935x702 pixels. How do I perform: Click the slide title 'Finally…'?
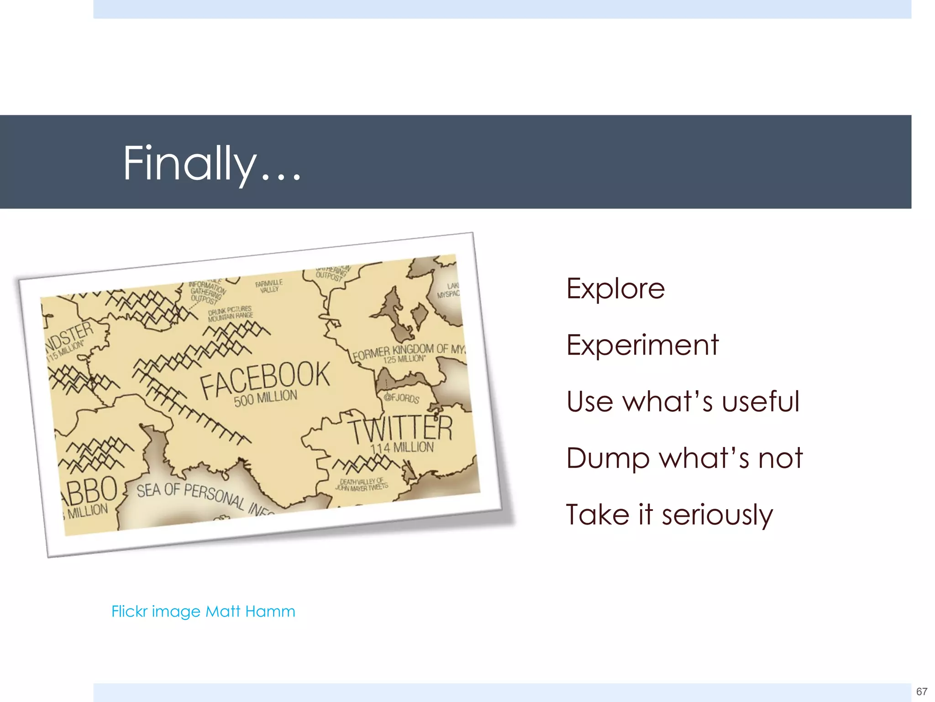(212, 163)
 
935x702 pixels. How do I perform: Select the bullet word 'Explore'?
(615, 288)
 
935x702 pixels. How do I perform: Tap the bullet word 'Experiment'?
(642, 345)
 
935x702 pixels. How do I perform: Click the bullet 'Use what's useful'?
(683, 402)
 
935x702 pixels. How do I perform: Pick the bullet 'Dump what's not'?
(684, 458)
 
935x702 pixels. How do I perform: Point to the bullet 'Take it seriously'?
(669, 515)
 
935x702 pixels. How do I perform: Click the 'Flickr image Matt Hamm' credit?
(203, 612)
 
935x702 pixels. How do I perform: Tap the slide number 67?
(921, 691)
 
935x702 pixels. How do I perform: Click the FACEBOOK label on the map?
(265, 379)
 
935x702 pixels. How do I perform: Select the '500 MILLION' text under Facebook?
(265, 398)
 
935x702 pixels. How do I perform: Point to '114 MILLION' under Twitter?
(402, 447)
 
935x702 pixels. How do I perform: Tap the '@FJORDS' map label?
(401, 398)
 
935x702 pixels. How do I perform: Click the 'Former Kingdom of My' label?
(409, 351)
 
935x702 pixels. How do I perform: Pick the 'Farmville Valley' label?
(269, 286)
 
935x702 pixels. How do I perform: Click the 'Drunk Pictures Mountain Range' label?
(230, 314)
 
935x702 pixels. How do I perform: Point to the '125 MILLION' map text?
(404, 359)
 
